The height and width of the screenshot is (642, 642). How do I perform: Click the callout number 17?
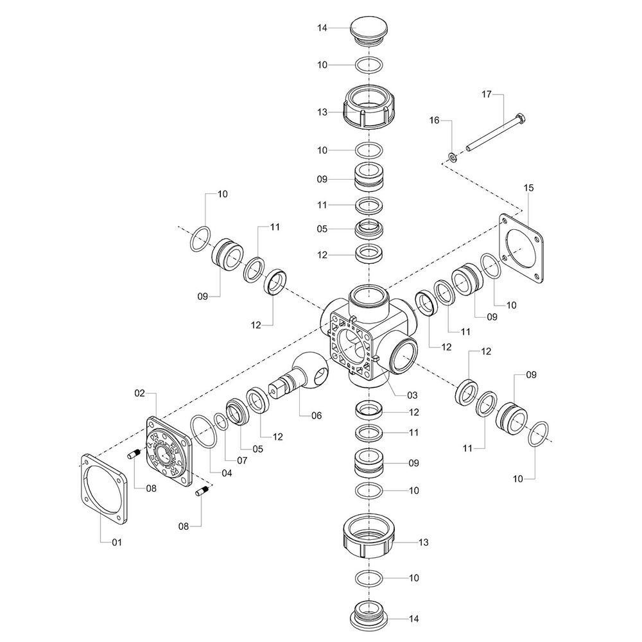486,94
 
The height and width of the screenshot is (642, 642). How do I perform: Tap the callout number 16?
434,121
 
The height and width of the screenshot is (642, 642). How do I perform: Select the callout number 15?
528,188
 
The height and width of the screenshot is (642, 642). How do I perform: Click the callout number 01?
117,542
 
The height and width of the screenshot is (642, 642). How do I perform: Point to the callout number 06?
317,415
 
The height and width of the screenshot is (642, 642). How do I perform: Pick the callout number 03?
412,395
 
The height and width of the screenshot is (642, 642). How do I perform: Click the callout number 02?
139,393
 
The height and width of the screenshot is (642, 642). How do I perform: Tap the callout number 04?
227,473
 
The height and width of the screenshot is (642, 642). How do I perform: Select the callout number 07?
242,460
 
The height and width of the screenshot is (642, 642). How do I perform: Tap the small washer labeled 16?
453,157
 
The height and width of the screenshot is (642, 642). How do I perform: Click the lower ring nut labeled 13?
369,536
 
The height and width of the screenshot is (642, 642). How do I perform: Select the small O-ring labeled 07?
221,422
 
